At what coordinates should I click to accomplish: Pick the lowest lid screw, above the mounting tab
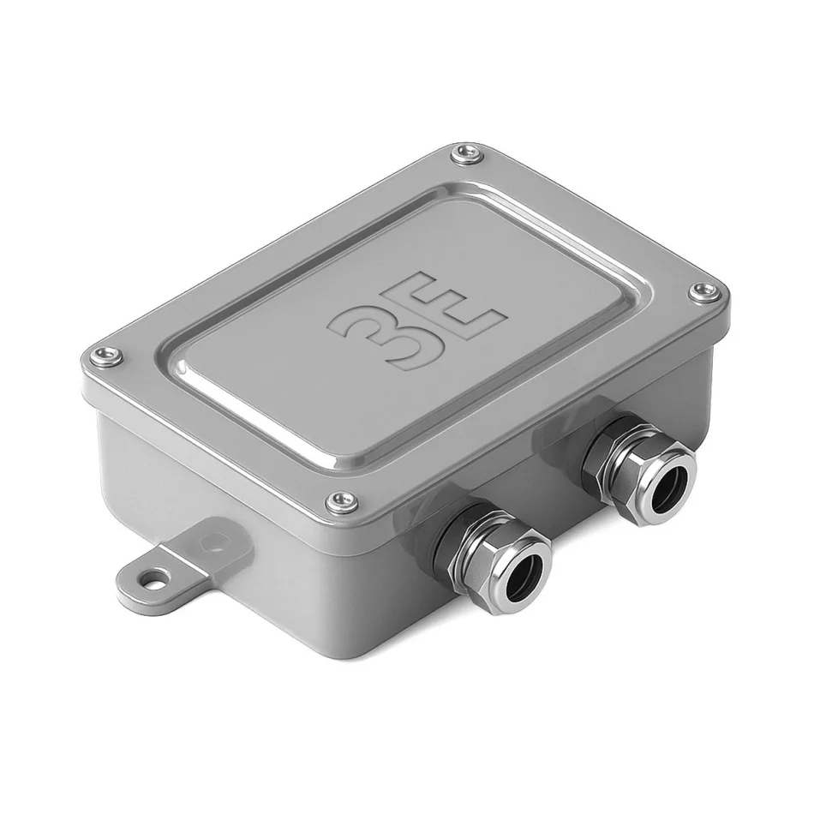(343, 500)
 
